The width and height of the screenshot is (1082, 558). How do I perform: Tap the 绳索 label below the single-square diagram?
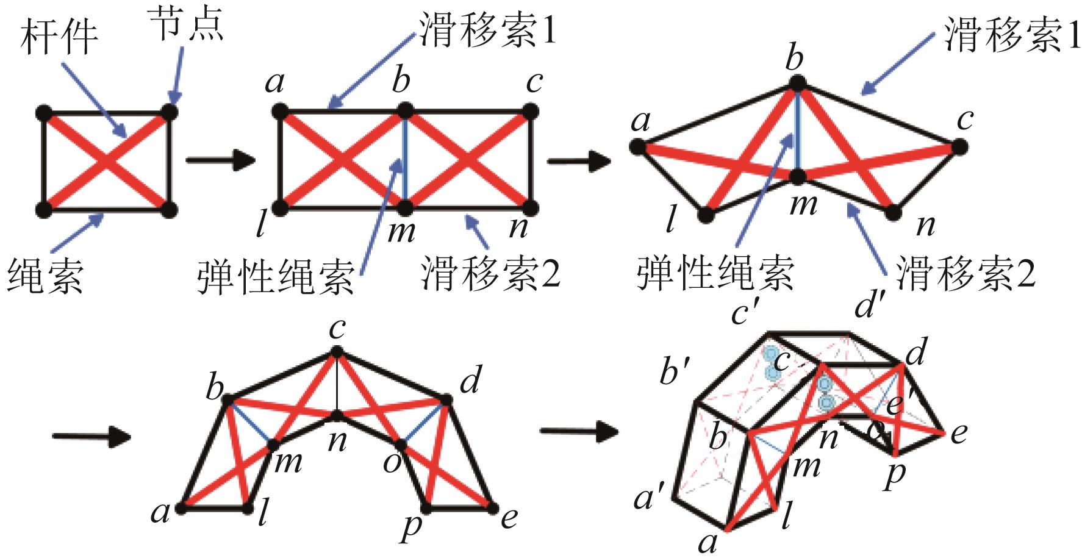click(x=45, y=274)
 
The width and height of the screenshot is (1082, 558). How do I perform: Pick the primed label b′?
click(x=676, y=371)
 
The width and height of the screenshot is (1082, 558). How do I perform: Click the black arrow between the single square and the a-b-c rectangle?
click(x=219, y=160)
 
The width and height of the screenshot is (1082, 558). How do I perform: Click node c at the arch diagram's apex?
click(x=337, y=352)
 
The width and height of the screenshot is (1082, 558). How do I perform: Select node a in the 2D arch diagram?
click(x=181, y=507)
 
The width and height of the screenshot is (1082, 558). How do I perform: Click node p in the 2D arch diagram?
click(x=426, y=507)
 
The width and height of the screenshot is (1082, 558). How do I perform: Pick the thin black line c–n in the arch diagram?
click(x=337, y=384)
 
